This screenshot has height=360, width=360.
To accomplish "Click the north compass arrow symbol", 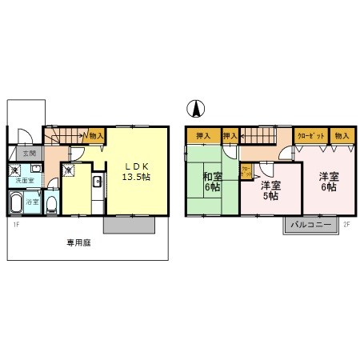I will point(194,108).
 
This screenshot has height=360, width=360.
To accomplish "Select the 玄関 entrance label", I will point(29,153).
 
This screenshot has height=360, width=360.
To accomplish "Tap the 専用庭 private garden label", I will point(78,242).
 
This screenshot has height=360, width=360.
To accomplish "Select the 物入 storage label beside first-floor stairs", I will point(95,136).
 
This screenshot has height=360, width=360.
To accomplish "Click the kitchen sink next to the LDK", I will point(97,183).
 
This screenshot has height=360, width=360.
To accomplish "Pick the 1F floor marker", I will point(16,224).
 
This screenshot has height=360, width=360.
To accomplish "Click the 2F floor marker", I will point(346,224).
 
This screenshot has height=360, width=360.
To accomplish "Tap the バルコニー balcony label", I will point(308,224).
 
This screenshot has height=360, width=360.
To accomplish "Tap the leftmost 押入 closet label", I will point(202,136).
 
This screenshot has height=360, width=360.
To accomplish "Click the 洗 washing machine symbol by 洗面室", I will point(15,170).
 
